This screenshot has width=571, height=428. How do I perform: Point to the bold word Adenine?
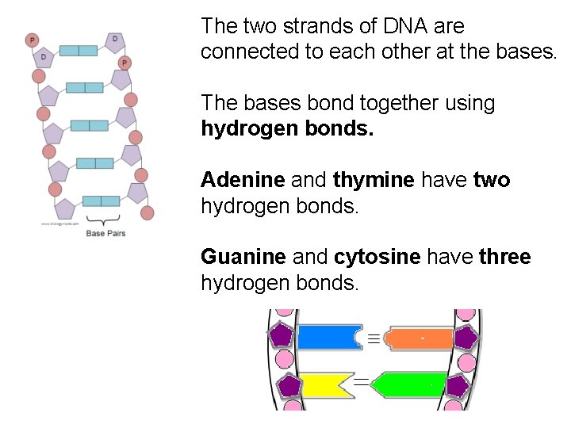(x=243, y=180)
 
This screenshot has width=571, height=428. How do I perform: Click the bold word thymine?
(x=374, y=180)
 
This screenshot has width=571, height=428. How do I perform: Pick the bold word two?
(x=492, y=180)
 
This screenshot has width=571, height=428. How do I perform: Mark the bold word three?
(x=505, y=257)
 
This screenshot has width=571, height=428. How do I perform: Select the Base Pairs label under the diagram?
(x=105, y=233)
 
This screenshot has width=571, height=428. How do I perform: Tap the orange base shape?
(x=420, y=338)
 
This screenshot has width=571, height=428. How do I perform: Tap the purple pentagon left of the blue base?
(x=282, y=335)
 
